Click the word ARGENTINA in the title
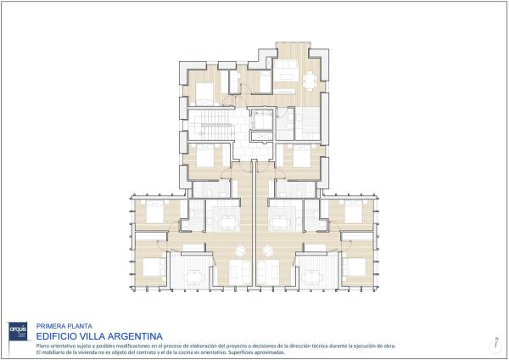coord(128,335)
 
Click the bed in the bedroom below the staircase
coord(206,156)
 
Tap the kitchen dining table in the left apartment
coord(227,222)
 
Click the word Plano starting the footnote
coord(42,346)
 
